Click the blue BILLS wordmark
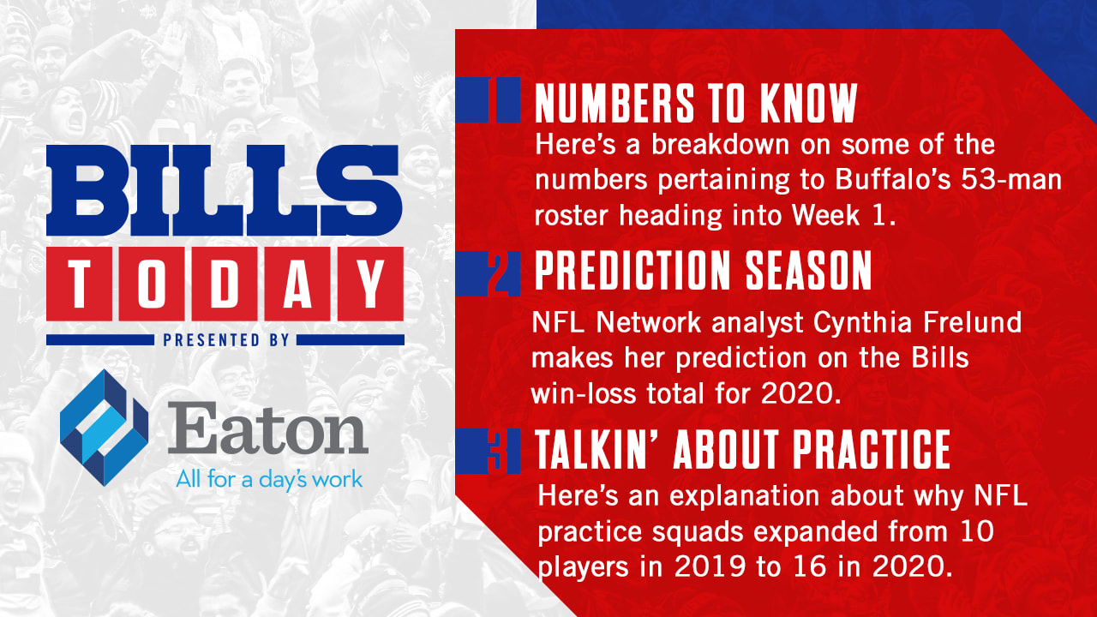pyautogui.click(x=225, y=190)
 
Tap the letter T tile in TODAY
pyautogui.click(x=80, y=284)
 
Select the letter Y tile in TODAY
pyautogui.click(x=371, y=284)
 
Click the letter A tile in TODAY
pyautogui.click(x=297, y=284)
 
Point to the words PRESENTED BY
pyautogui.click(x=225, y=340)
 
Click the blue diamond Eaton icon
pyautogui.click(x=105, y=428)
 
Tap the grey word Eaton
pyautogui.click(x=267, y=428)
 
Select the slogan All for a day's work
pyautogui.click(x=269, y=479)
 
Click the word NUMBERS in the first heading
pyautogui.click(x=614, y=103)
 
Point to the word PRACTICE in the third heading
pyautogui.click(x=872, y=450)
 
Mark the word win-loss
pyautogui.click(x=584, y=392)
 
